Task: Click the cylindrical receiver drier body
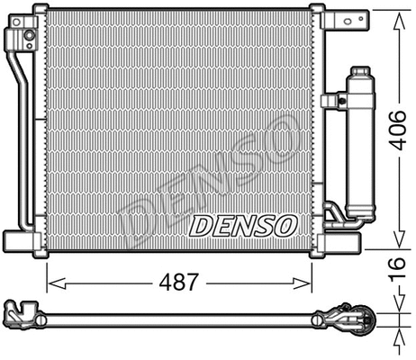[x=360, y=144]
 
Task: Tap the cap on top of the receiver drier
[x=360, y=72]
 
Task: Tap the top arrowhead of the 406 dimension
[x=398, y=14]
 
